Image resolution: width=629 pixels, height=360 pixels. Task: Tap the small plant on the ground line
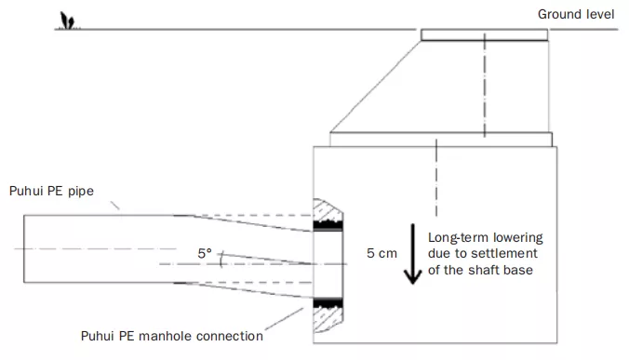pos(66,21)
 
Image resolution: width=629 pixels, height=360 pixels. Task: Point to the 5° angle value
pos(204,252)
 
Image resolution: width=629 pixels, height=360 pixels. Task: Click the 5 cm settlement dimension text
pos(382,252)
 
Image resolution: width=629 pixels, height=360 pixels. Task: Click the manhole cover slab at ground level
pos(484,34)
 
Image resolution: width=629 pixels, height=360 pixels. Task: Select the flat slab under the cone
pos(441,139)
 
